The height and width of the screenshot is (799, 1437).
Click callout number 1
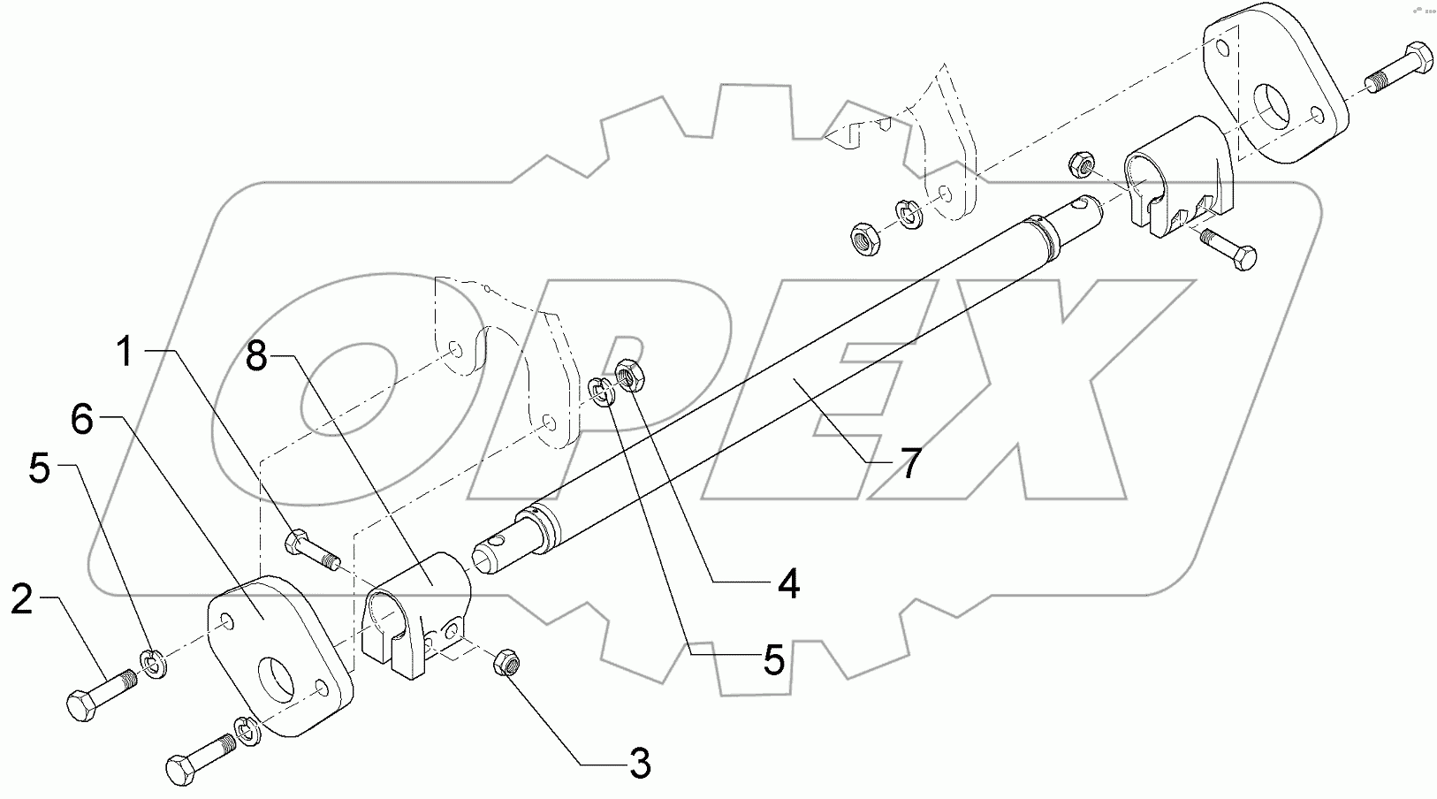click(125, 353)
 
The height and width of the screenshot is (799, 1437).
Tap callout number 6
click(82, 421)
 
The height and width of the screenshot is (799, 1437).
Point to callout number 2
click(22, 601)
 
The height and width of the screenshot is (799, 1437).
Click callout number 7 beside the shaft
click(910, 461)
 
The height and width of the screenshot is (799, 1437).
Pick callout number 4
click(789, 582)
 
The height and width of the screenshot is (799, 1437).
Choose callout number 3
click(640, 763)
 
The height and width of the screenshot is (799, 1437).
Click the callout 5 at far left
click(40, 469)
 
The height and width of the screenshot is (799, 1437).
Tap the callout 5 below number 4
click(774, 659)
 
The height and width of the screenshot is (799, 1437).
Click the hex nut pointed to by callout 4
click(630, 374)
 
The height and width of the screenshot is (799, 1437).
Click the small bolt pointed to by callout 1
click(309, 548)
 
